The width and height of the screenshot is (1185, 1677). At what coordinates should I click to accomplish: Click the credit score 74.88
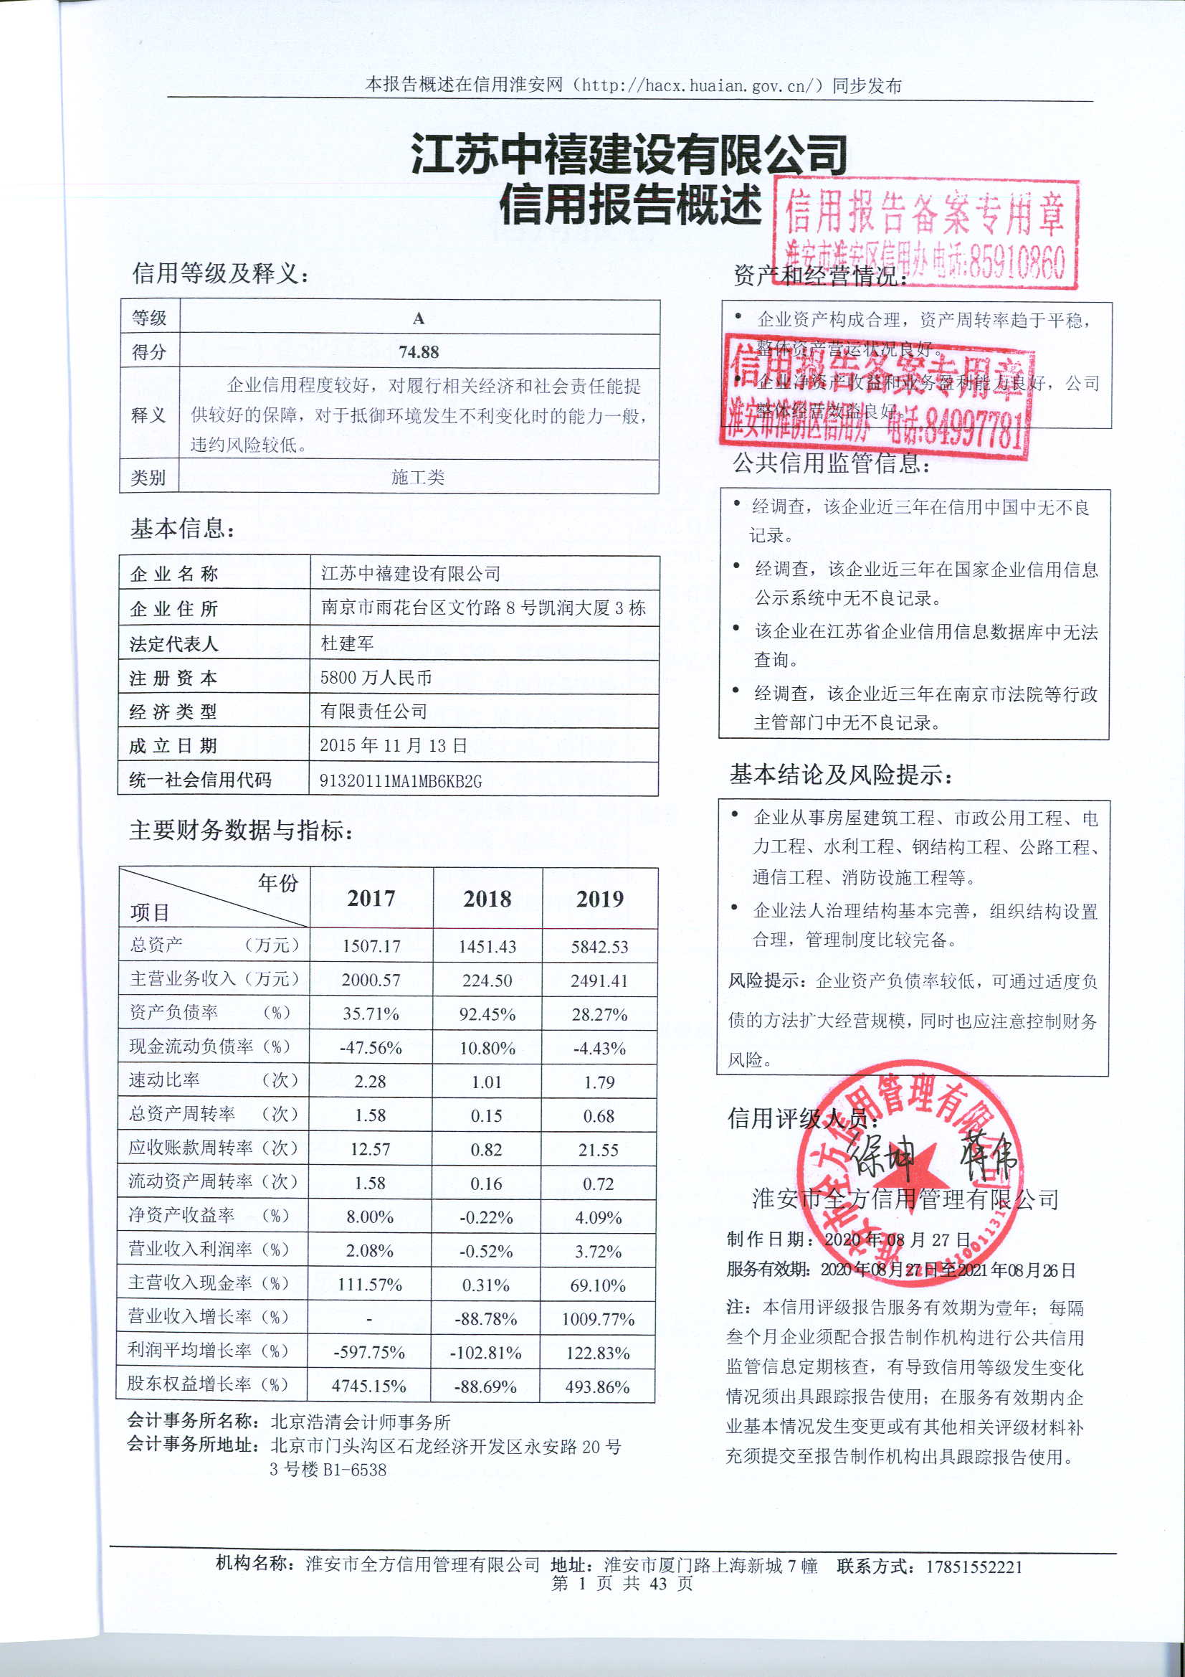point(419,352)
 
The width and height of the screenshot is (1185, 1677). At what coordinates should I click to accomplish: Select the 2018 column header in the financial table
point(487,898)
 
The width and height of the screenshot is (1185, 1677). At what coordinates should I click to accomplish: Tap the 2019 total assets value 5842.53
point(599,947)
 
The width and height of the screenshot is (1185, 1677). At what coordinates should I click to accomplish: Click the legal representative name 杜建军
point(348,643)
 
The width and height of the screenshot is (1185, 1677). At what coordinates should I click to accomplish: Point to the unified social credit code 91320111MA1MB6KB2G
point(401,781)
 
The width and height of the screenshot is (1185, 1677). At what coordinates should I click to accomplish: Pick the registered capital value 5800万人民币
point(376,678)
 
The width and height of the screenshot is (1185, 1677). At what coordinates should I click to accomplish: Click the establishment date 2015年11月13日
point(394,746)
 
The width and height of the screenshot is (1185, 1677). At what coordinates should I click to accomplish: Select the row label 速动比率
point(164,1080)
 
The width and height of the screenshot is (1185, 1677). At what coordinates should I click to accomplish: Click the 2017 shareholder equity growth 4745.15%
point(368,1387)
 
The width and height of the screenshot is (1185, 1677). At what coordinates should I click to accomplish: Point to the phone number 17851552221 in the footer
point(974,1566)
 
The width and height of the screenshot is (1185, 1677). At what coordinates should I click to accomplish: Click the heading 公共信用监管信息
point(831,463)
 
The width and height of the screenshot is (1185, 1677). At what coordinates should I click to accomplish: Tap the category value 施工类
point(418,478)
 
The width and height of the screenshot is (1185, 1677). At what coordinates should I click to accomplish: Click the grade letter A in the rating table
point(419,318)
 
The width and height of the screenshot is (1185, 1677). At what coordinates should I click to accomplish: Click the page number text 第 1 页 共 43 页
point(622,1583)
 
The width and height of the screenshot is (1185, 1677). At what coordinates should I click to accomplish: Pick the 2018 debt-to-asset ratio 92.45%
point(487,1014)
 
